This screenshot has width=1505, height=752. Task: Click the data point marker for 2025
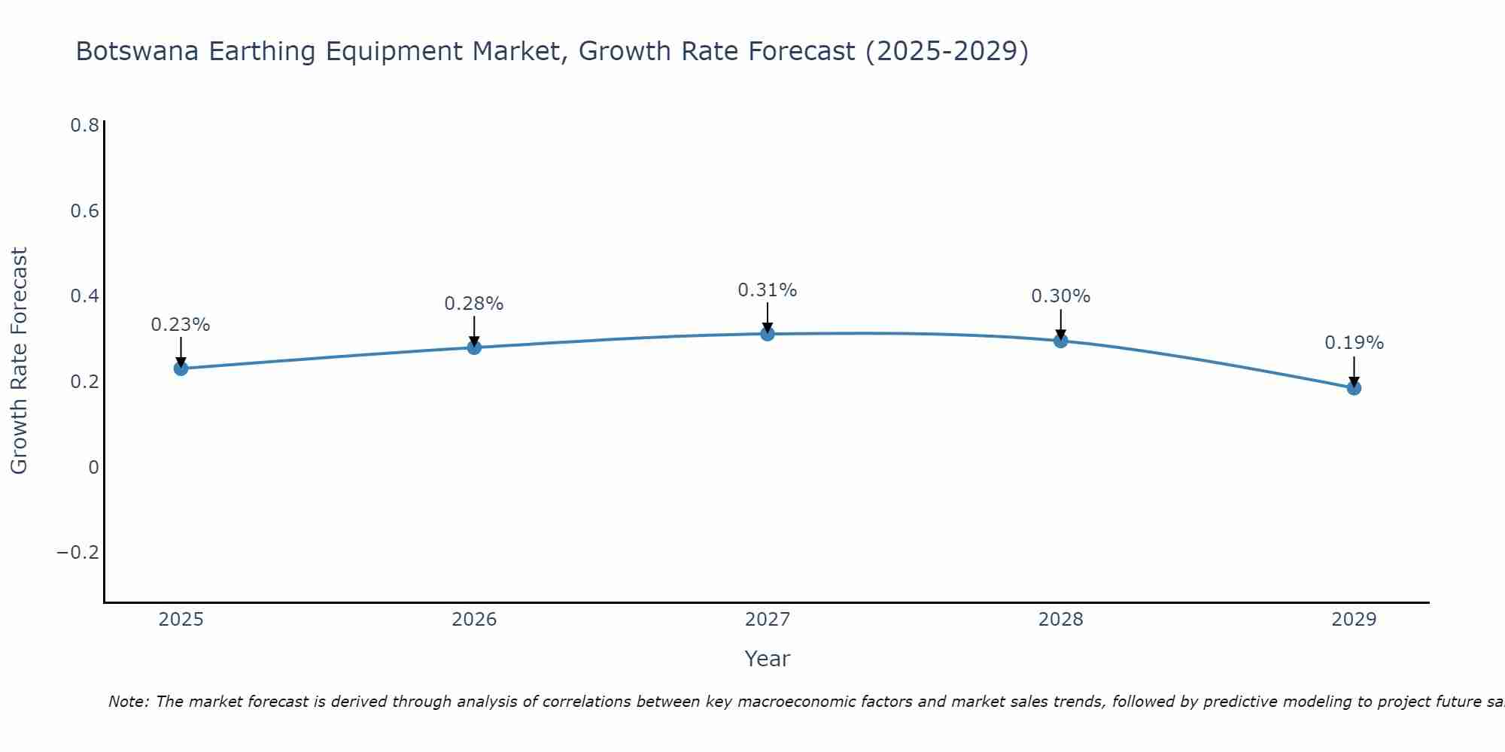coord(181,368)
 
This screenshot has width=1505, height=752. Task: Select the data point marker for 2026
coord(474,347)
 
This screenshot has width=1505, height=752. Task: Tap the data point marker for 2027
coord(768,334)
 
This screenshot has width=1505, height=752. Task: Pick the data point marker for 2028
coord(1060,341)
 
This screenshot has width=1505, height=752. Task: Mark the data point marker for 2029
coord(1354,388)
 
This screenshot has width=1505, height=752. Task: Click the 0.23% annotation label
coord(181,325)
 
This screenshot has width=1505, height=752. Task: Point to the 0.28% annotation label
coord(474,304)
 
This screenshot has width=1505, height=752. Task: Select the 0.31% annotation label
coord(768,290)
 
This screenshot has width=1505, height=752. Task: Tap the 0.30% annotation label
coord(1060,296)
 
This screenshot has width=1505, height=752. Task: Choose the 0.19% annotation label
coord(1354,343)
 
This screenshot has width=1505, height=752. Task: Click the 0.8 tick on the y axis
coord(84,126)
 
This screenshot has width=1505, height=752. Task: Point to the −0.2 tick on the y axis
coord(78,553)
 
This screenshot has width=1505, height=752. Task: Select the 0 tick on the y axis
coord(93,468)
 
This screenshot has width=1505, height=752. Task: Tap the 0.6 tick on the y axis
coord(84,211)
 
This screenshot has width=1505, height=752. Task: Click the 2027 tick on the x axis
coord(768,620)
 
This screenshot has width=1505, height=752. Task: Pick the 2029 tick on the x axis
coord(1354,620)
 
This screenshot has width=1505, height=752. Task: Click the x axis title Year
coord(768,659)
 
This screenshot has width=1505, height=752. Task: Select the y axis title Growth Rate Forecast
coord(20,361)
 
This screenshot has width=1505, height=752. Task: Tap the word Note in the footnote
coord(128,702)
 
